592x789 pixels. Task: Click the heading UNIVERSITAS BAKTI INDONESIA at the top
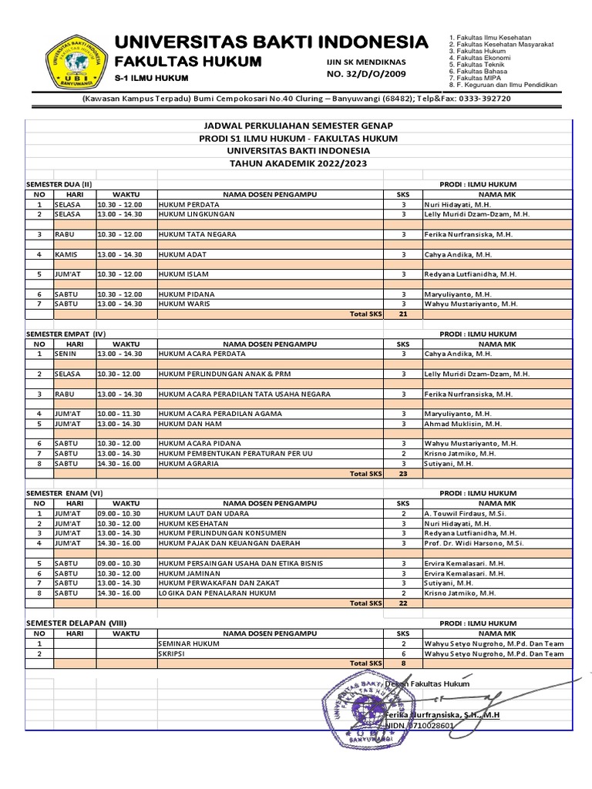coord(271,42)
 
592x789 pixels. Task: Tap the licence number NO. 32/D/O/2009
coord(366,74)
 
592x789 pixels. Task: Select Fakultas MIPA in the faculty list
coord(478,79)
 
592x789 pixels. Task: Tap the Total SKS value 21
coord(402,314)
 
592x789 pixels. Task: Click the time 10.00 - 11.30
coord(119,414)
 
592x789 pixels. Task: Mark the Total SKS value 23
coord(402,474)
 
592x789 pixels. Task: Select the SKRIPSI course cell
coord(172,653)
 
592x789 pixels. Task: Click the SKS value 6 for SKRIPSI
coord(403,653)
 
